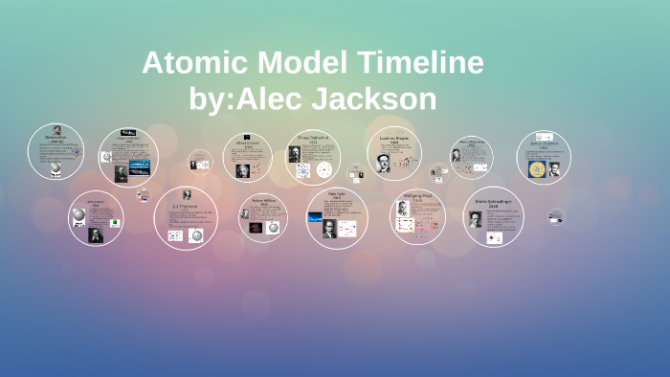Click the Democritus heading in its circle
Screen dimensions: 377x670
pos(56,137)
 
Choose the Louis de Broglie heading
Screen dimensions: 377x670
pos(394,139)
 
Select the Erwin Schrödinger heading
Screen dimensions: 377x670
pos(493,202)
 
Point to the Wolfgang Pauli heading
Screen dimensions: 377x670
pos(417,199)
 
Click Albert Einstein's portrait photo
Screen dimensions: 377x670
pos(242,170)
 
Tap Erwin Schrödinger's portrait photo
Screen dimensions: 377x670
pos(476,219)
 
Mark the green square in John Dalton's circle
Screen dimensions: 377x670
pos(115,223)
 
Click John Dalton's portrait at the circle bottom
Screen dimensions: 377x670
pos(95,235)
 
